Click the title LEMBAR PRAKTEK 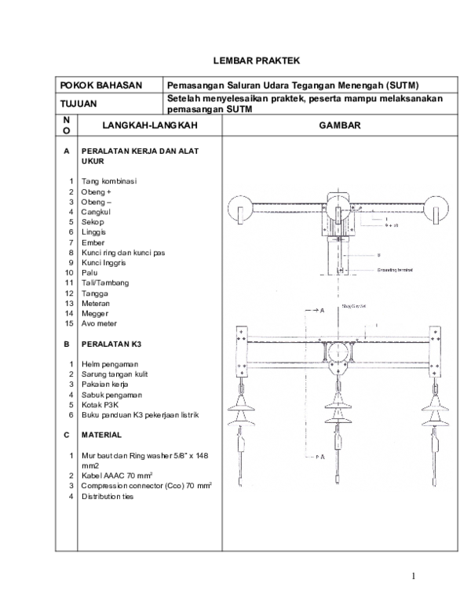coord(257,60)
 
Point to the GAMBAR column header coord(339,126)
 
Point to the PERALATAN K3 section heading coord(112,344)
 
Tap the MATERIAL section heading coord(100,435)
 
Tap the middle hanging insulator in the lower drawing coord(338,416)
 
